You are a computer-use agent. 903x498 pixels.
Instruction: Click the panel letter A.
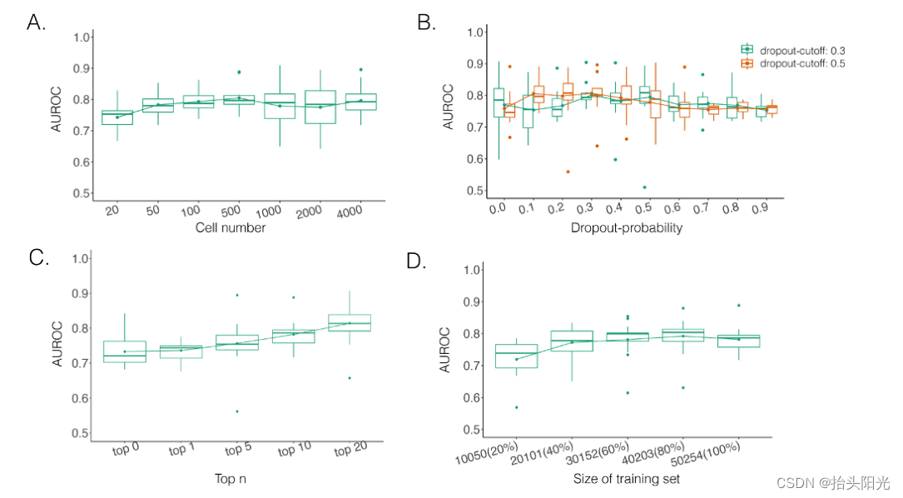[36, 22]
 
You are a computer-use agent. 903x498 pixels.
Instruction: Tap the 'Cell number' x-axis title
[230, 227]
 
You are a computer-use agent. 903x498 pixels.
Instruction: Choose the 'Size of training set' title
[626, 478]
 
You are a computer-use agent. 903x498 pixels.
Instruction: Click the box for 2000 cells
[320, 107]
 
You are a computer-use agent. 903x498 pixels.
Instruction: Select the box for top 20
[350, 323]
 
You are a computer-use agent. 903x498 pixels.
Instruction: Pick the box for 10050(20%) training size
[516, 356]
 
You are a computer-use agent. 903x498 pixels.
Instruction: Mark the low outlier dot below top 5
[236, 411]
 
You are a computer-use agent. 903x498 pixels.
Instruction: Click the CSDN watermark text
[833, 482]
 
